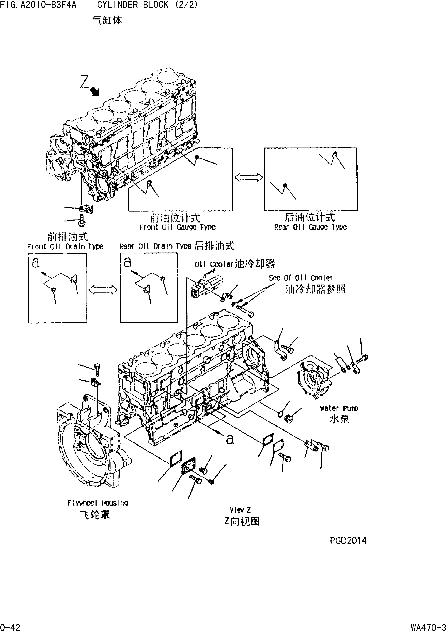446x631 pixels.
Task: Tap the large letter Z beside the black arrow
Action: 84,82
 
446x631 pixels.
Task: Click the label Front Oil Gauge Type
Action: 177,227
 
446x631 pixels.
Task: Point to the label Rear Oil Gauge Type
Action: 310,227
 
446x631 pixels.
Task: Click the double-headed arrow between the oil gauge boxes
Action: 248,178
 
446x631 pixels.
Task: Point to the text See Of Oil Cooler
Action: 301,278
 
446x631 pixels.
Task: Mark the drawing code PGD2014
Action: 348,541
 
